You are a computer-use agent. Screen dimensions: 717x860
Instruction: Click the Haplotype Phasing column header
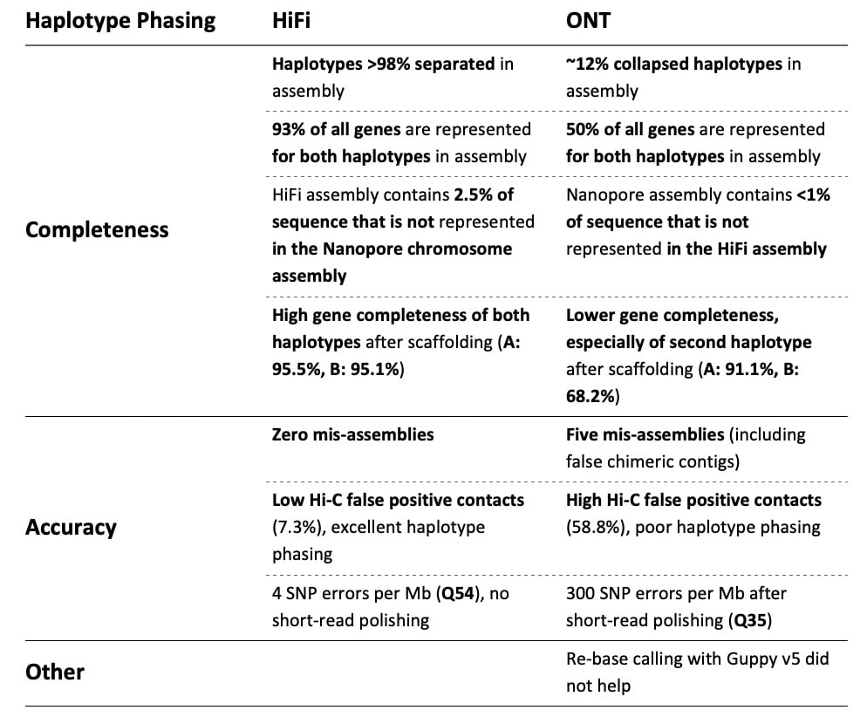120,21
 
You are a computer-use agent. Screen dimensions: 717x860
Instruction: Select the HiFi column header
290,21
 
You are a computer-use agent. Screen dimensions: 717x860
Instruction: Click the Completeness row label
97,230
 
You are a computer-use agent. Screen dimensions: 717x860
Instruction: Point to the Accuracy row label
71,527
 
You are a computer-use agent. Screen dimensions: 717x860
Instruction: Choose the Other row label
55,672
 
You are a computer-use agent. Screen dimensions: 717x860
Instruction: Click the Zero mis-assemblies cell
352,434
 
